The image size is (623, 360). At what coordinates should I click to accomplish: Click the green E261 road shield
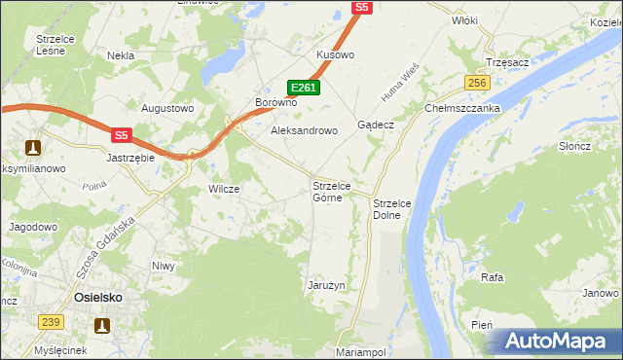305,88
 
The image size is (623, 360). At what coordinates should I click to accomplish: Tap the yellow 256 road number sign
476,84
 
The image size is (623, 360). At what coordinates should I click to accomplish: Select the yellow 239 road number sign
52,322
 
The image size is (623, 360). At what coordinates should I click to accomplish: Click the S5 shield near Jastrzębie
121,136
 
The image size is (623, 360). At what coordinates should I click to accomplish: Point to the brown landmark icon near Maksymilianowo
32,148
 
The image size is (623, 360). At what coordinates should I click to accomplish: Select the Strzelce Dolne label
393,208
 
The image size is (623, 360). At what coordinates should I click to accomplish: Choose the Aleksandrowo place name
304,129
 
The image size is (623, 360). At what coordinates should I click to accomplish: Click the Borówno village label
275,102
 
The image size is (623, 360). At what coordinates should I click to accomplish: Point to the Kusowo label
335,55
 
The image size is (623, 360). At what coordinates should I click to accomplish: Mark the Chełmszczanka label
461,109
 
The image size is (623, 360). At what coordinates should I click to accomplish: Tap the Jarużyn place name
327,285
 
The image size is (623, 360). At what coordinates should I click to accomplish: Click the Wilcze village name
224,189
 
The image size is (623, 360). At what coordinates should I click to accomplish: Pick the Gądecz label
375,126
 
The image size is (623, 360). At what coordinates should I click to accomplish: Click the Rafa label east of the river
492,277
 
